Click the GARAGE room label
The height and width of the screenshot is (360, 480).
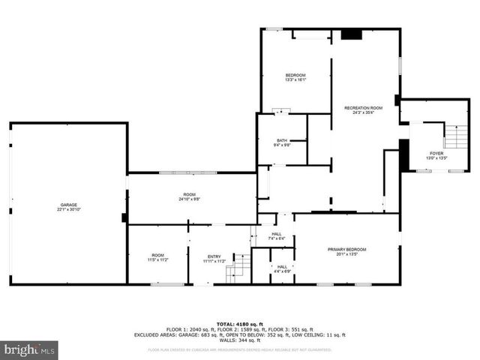(69, 205)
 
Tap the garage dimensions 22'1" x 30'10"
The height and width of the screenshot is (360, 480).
(69, 210)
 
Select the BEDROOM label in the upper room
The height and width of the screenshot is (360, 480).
(295, 75)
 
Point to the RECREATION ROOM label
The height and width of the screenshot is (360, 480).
(363, 108)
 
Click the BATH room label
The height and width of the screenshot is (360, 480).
(281, 140)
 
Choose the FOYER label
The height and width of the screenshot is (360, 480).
(436, 153)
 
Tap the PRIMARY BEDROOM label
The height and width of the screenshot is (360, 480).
(346, 249)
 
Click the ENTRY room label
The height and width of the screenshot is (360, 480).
(214, 256)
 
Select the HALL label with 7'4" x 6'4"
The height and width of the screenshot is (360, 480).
(276, 234)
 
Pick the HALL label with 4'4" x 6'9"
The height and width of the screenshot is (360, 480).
(282, 266)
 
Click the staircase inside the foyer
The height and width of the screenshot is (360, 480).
(455, 136)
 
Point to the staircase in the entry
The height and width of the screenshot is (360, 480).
(238, 267)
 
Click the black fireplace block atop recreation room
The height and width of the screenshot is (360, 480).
(350, 34)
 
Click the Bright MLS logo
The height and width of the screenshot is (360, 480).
(29, 349)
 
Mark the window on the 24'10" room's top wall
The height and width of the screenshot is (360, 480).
(188, 173)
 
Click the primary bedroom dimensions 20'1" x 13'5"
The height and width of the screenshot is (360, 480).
(346, 254)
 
